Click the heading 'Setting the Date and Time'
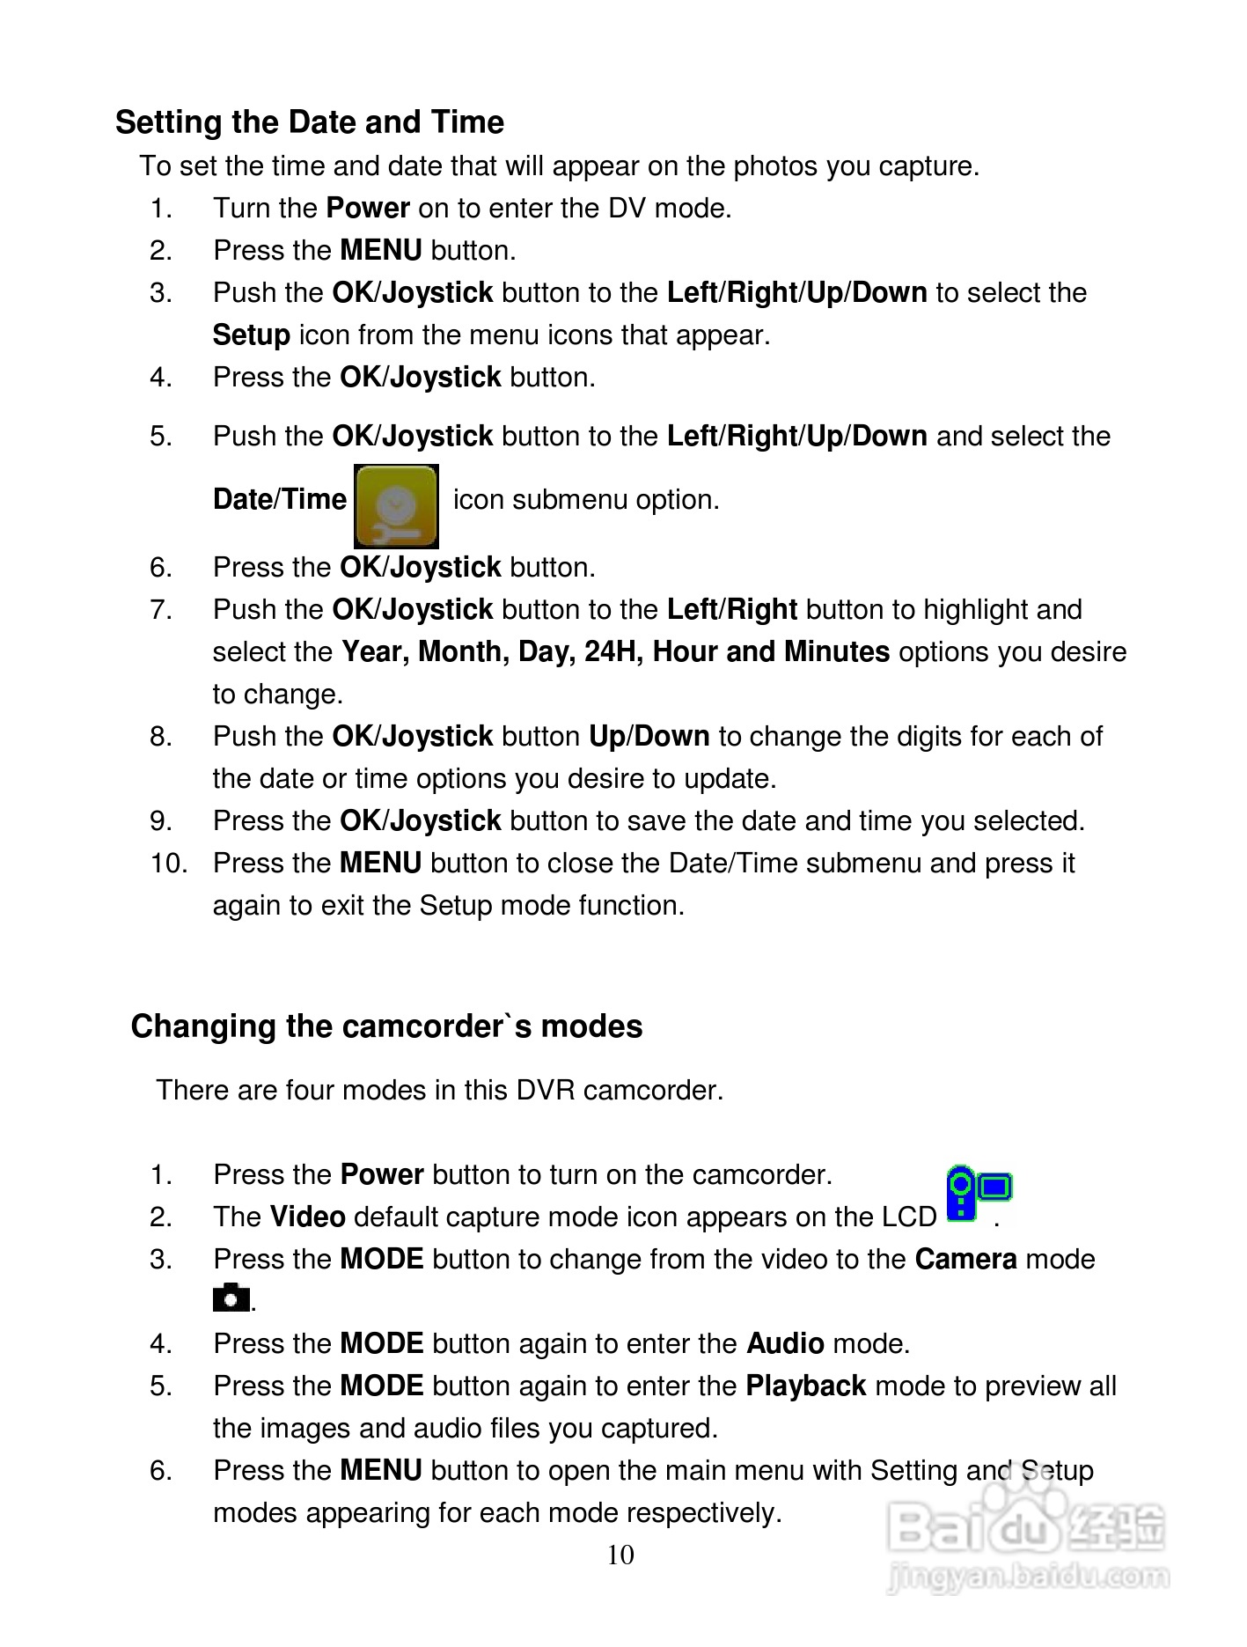click(x=309, y=122)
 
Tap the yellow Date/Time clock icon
click(x=396, y=506)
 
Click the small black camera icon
click(x=231, y=1298)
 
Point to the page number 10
click(x=620, y=1555)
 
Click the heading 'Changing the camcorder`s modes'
click(x=386, y=1026)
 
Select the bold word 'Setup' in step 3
click(x=251, y=335)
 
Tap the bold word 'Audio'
click(x=785, y=1344)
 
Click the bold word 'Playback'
click(x=805, y=1386)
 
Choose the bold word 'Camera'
click(x=965, y=1260)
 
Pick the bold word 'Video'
click(x=307, y=1217)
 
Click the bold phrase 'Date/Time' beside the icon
click(x=280, y=500)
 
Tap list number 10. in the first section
click(x=168, y=864)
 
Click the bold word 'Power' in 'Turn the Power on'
click(x=367, y=209)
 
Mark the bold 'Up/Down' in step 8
click(x=649, y=737)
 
